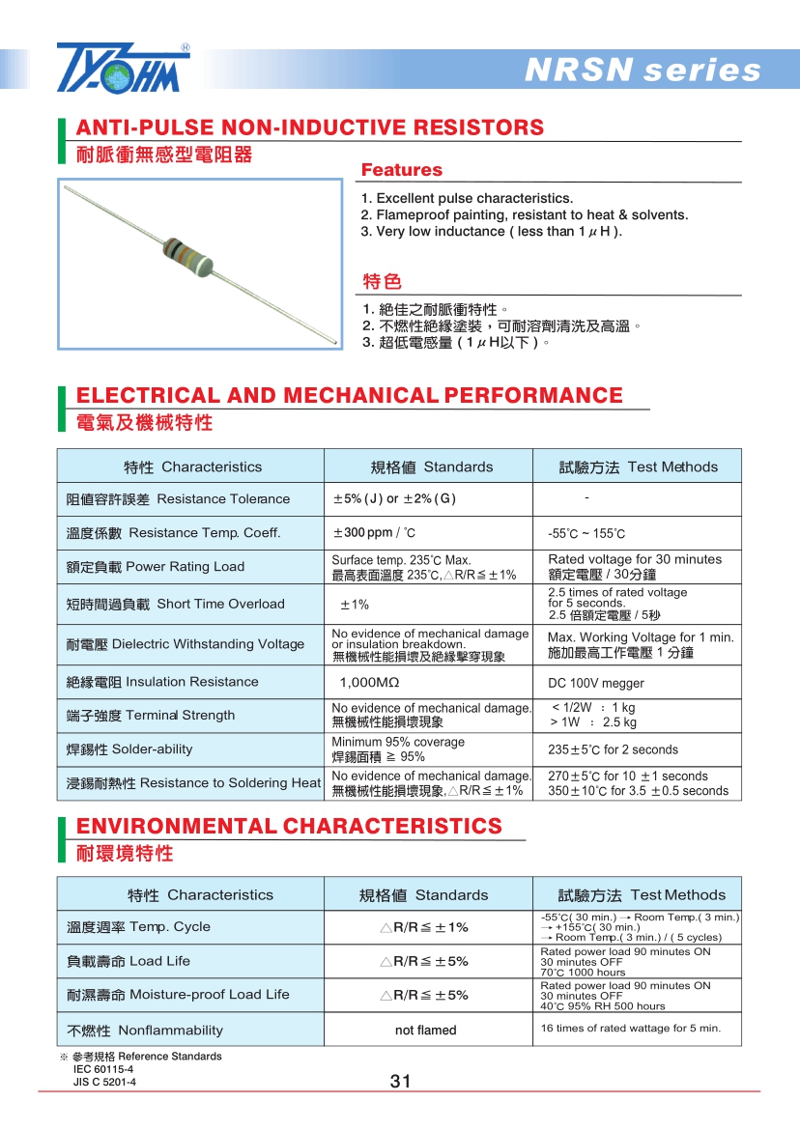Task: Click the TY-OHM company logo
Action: [x=123, y=68]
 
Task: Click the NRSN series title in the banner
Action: [x=642, y=71]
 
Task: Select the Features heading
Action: [x=401, y=170]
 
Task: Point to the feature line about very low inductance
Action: [x=491, y=232]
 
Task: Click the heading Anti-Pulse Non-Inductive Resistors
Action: [x=310, y=127]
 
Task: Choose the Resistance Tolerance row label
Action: [x=178, y=499]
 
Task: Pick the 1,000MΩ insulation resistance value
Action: [x=369, y=683]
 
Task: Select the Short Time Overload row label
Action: [x=175, y=605]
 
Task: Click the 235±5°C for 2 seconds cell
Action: [x=613, y=750]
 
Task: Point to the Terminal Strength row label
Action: [x=151, y=716]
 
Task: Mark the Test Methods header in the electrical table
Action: [x=638, y=467]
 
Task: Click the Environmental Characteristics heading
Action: [x=289, y=827]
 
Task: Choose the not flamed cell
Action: [x=425, y=1031]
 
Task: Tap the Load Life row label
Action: [x=129, y=962]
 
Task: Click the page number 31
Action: [x=400, y=1082]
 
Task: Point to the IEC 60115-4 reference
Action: [x=103, y=1069]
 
